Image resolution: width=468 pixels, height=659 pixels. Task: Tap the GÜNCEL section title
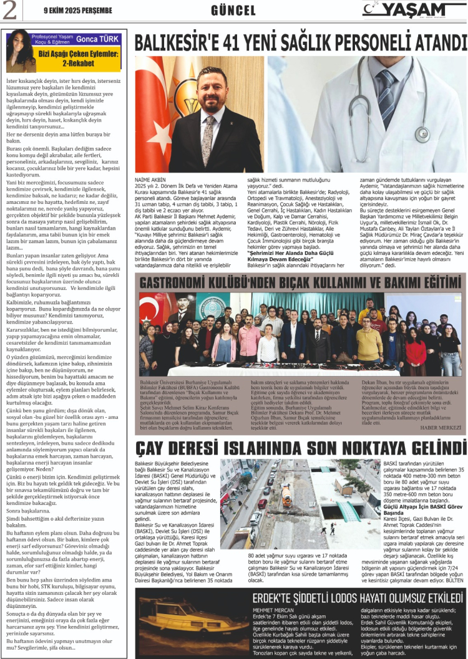coord(233,10)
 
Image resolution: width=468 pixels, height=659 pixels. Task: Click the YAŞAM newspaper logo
coord(411,9)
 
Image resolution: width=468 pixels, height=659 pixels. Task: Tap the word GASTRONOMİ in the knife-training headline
coord(177,282)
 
